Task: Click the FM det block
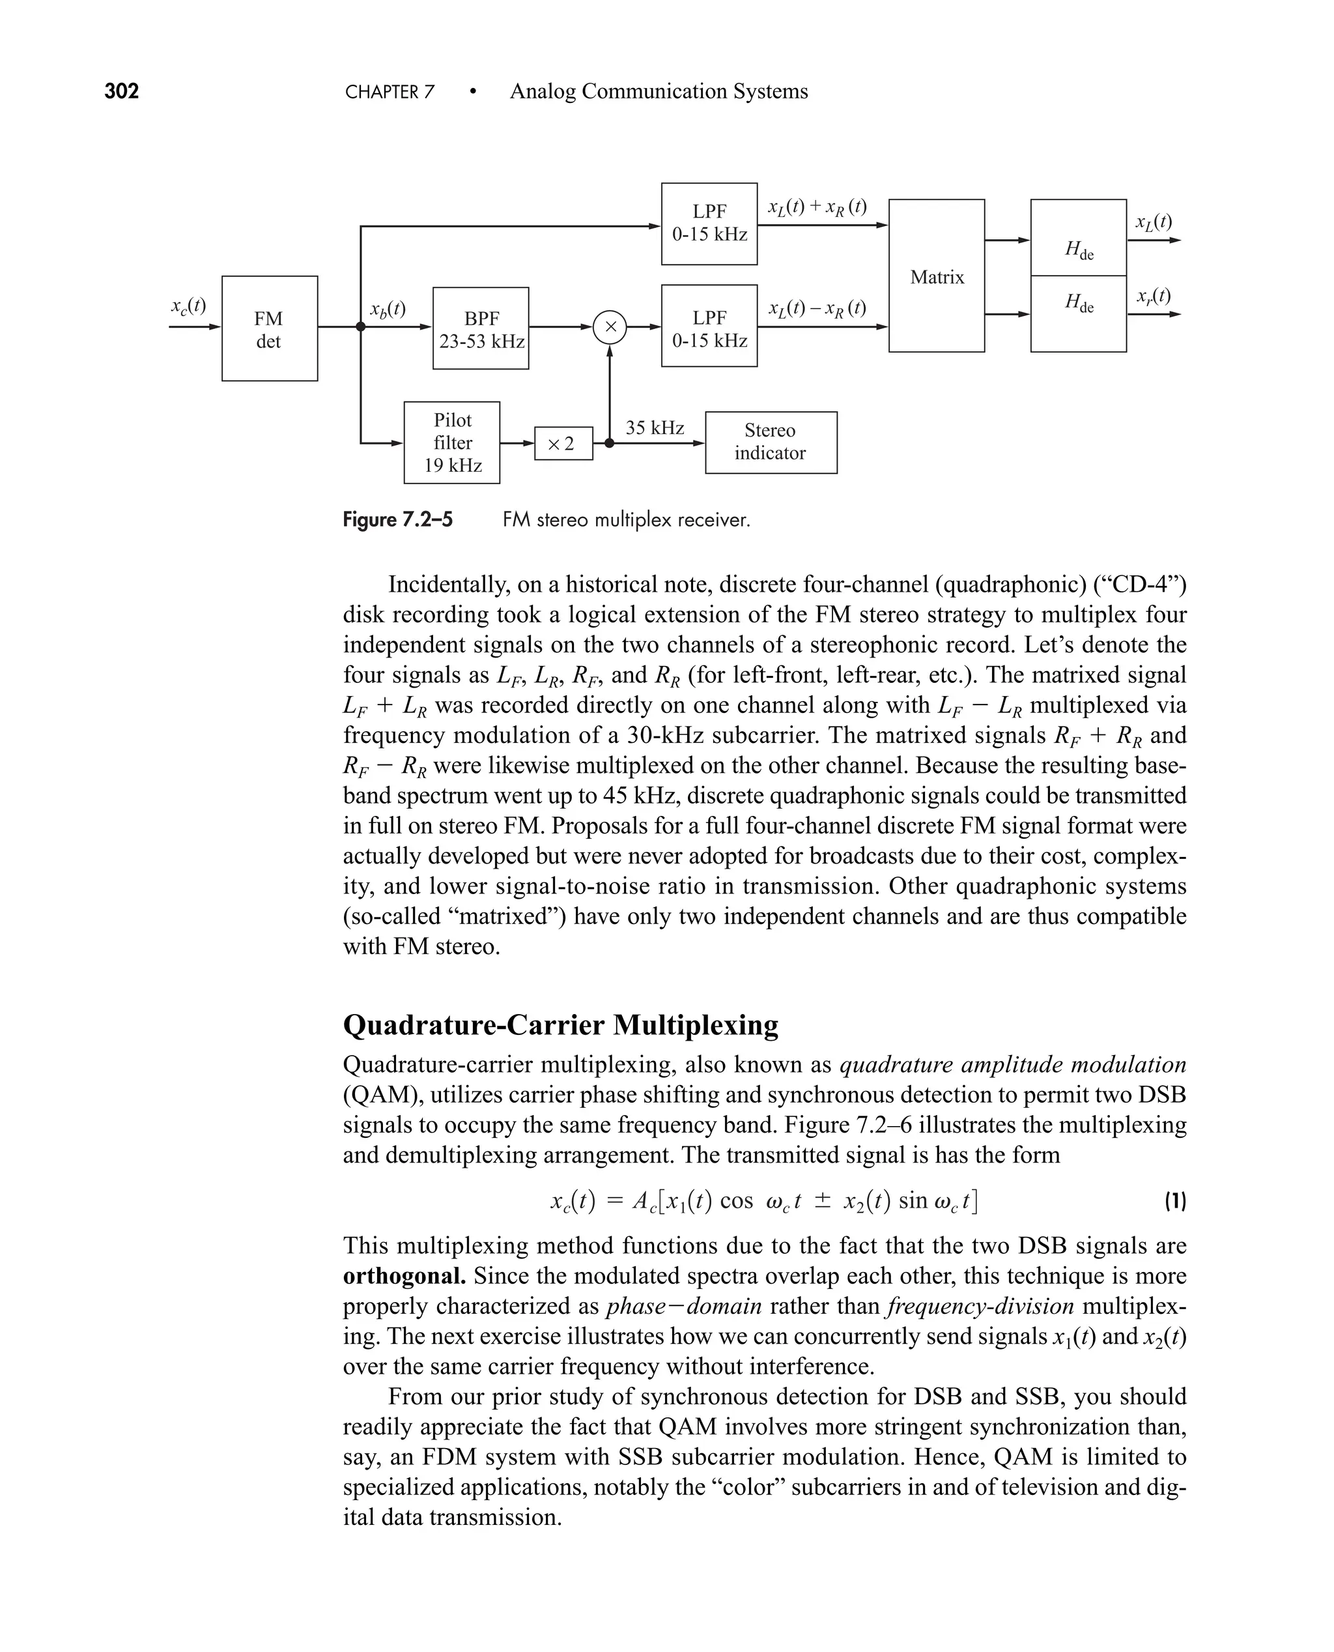pyautogui.click(x=269, y=328)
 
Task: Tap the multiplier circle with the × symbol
pyautogui.click(x=610, y=326)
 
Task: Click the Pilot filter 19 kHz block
pyautogui.click(x=452, y=442)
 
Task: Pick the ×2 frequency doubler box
pyautogui.click(x=563, y=444)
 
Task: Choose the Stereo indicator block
pyautogui.click(x=771, y=442)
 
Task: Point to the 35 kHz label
pyautogui.click(x=655, y=428)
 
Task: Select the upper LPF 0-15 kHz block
pyautogui.click(x=709, y=223)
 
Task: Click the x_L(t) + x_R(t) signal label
pyautogui.click(x=817, y=207)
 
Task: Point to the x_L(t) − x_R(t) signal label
pyautogui.click(x=817, y=308)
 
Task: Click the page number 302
pyautogui.click(x=121, y=91)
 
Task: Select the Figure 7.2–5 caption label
pyautogui.click(x=397, y=519)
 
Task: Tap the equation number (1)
pyautogui.click(x=1175, y=1201)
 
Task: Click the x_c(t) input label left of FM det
pyautogui.click(x=188, y=306)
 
